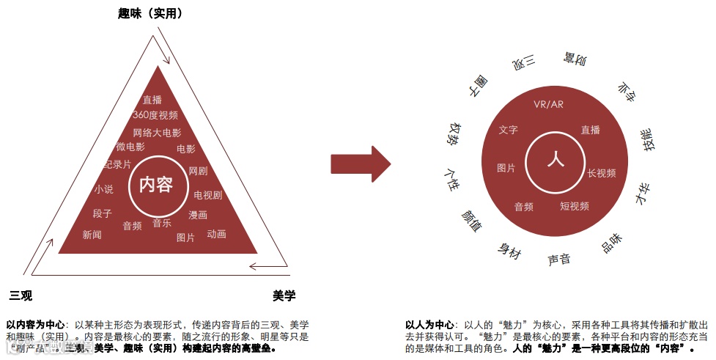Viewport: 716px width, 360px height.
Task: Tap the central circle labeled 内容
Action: [x=155, y=184]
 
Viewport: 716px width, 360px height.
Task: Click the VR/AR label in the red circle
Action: [x=548, y=104]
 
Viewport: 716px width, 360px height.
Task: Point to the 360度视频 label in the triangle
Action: [x=155, y=115]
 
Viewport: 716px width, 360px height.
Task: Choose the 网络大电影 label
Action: [x=157, y=133]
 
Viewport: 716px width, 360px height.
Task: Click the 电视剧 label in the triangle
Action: [x=207, y=196]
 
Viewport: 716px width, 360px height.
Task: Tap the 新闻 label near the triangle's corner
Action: [x=92, y=235]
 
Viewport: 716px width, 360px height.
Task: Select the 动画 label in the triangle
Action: [x=216, y=234]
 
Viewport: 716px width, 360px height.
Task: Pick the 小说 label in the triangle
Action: [x=103, y=189]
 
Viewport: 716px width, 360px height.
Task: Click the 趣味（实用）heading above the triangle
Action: [x=150, y=13]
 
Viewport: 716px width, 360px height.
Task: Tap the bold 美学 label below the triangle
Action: [x=284, y=295]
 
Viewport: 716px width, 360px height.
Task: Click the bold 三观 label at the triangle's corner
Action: [x=21, y=295]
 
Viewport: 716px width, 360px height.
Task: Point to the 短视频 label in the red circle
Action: [x=575, y=206]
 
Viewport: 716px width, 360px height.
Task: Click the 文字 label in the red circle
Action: [x=508, y=130]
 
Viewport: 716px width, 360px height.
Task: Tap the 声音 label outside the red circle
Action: [x=559, y=259]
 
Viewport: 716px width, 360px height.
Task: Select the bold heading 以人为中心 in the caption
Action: [x=429, y=324]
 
